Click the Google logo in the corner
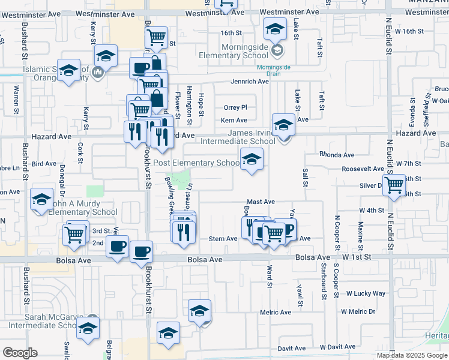click(x=20, y=353)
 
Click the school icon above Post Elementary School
click(x=252, y=159)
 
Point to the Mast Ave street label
click(x=261, y=202)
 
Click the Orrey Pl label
click(x=235, y=107)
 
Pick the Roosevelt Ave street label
click(x=363, y=169)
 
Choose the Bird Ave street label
click(x=44, y=163)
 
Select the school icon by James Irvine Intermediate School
click(x=283, y=125)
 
